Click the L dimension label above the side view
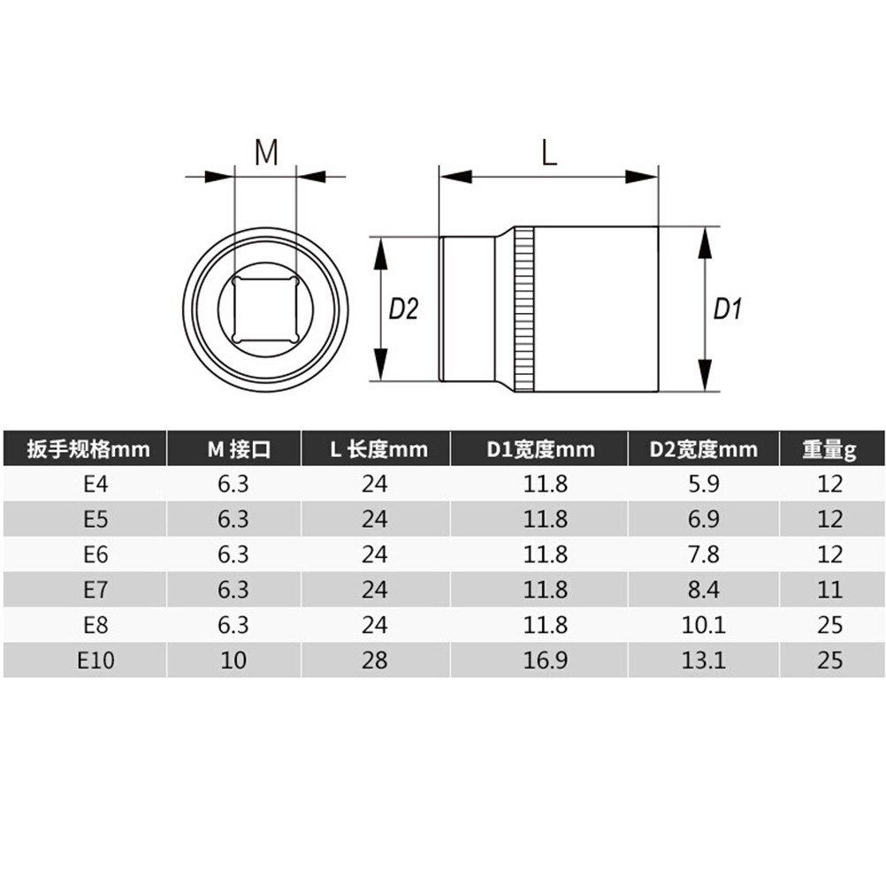tap(549, 152)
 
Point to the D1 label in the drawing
tap(727, 309)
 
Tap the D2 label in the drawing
tap(403, 309)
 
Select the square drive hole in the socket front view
tap(265, 309)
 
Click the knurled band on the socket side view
tap(523, 309)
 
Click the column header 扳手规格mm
tap(88, 449)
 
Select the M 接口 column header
tap(239, 449)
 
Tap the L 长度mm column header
tap(378, 449)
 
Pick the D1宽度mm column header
tap(541, 449)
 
